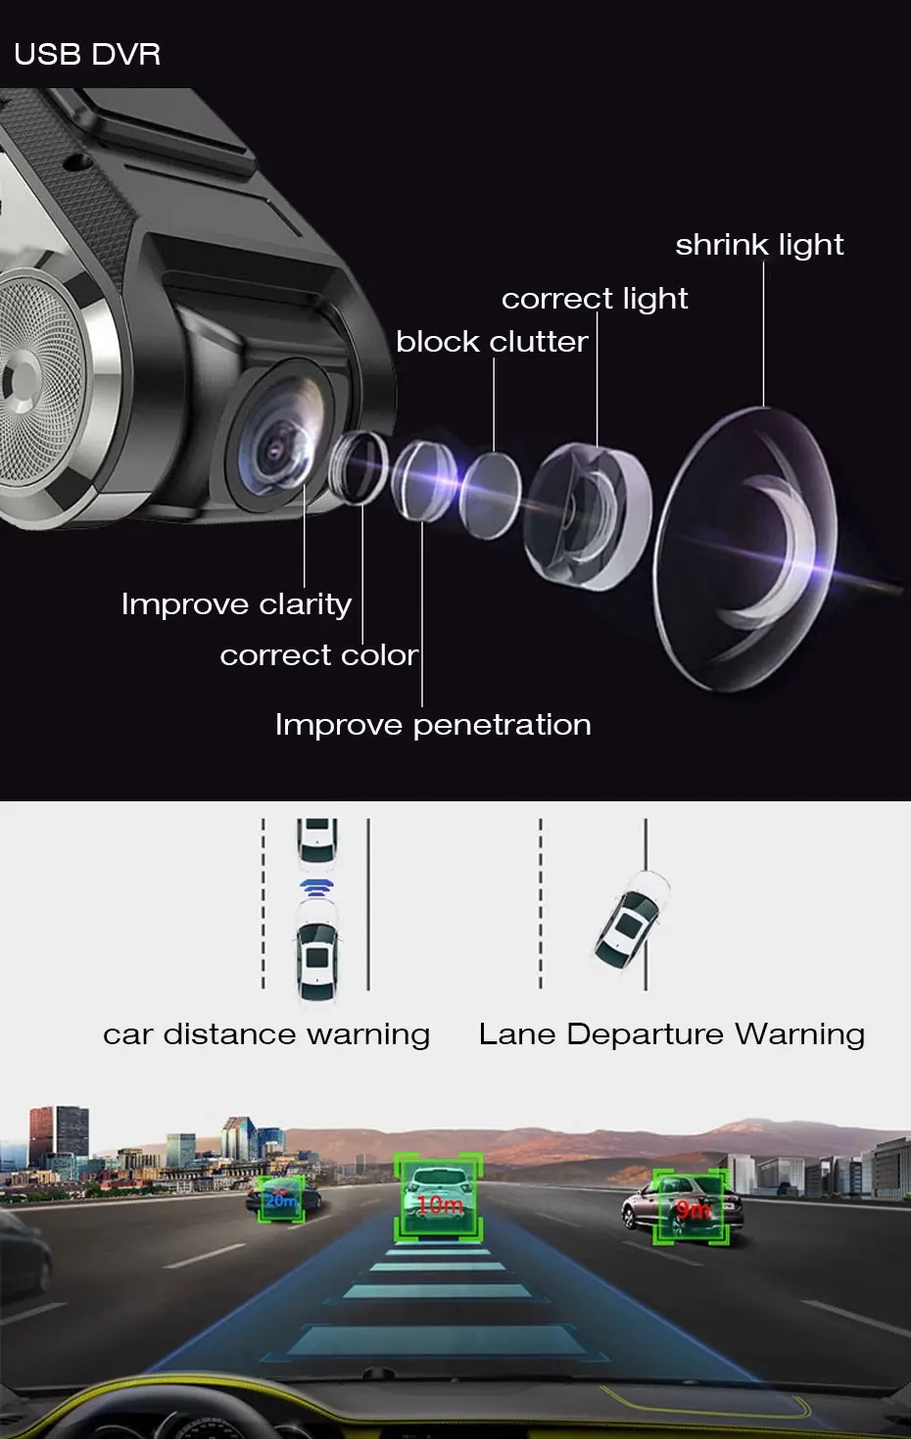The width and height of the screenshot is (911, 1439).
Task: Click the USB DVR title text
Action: pos(87,54)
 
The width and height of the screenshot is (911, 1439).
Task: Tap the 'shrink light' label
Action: pos(759,245)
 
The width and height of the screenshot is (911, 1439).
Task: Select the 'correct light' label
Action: pos(595,299)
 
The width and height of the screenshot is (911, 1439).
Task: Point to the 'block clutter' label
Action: pos(492,342)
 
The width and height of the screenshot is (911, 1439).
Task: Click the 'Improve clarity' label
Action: pos(236,604)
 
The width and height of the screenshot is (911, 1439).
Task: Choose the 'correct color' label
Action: pos(318,655)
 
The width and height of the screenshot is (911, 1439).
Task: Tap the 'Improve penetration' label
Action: pos(433,725)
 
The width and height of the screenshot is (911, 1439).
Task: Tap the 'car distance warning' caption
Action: pos(266,1034)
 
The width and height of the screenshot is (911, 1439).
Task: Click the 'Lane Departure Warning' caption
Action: pos(672,1034)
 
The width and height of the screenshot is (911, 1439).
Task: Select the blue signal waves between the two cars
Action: pos(317,888)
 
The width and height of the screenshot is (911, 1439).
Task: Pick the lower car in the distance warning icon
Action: pos(317,960)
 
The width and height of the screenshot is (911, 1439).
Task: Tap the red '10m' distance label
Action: pos(439,1205)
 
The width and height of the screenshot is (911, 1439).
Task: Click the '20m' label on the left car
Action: pos(281,1200)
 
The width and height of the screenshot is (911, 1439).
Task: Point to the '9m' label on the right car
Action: pos(693,1211)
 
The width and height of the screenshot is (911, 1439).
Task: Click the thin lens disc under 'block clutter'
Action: pos(490,495)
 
